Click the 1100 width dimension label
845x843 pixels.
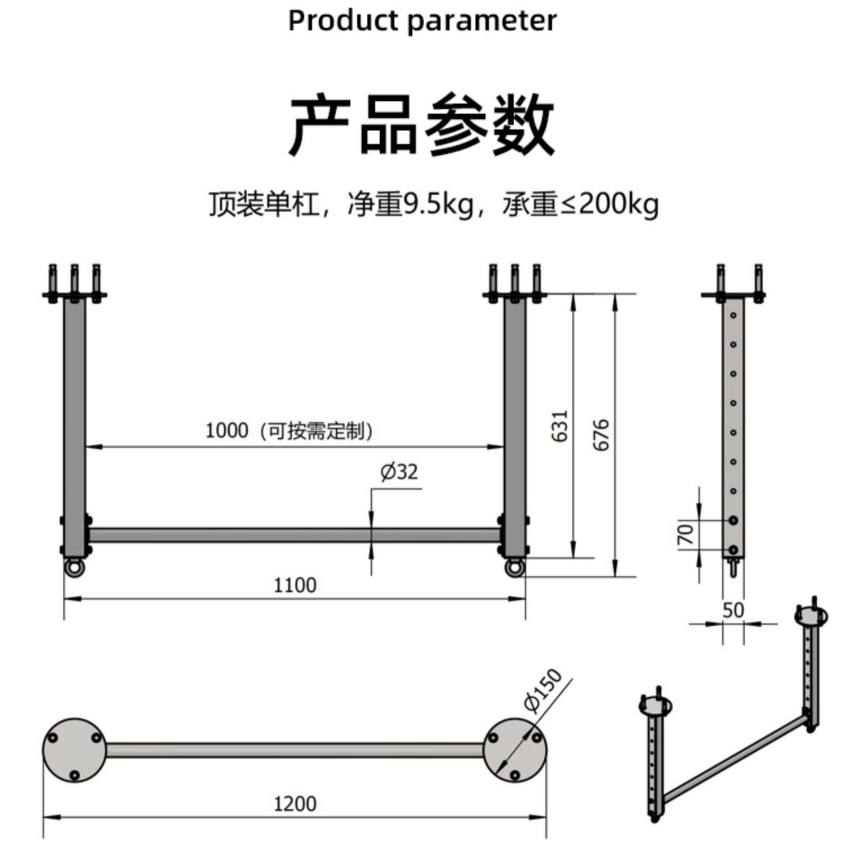[x=295, y=585]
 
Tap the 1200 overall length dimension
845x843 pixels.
[x=295, y=804]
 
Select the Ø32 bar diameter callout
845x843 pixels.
[x=399, y=471]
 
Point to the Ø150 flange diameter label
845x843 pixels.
[x=543, y=690]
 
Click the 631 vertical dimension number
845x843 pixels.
[x=560, y=426]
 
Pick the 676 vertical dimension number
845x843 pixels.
[x=601, y=435]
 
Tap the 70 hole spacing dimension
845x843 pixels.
[x=685, y=534]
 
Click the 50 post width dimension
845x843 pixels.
[x=733, y=610]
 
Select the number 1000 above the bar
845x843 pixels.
[x=226, y=431]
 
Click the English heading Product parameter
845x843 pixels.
[x=422, y=21]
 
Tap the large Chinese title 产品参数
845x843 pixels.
[x=422, y=125]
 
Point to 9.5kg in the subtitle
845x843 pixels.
[x=438, y=204]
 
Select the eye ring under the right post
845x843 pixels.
[x=514, y=567]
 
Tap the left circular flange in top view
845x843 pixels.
[x=74, y=750]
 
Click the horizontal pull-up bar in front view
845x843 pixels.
[x=295, y=535]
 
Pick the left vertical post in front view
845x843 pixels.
[x=74, y=427]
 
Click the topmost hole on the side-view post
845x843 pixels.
[x=733, y=315]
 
